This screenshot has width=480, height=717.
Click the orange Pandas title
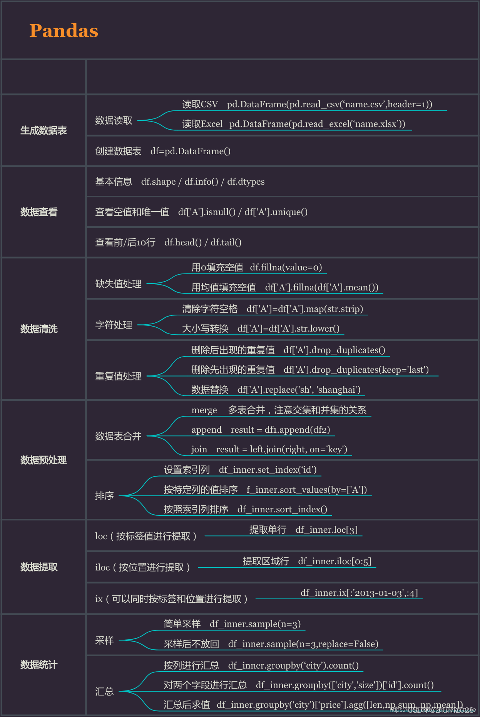point(64,31)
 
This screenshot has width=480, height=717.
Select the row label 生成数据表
point(43,130)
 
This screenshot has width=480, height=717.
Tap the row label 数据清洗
point(39,329)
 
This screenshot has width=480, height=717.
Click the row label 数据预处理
point(43,460)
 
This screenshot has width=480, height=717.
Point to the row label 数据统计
point(39,665)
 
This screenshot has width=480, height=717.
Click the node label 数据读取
point(114,120)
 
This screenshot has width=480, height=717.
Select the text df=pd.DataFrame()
point(191,151)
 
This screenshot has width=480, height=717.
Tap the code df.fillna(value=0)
point(286,267)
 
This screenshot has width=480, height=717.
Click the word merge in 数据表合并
point(204,410)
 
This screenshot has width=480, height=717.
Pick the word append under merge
point(206,430)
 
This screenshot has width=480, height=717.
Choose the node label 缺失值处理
point(118,284)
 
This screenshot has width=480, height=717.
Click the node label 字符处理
point(114,325)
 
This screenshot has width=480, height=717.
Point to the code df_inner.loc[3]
point(326,530)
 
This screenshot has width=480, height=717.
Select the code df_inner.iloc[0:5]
point(334,561)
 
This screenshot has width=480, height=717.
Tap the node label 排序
point(104,496)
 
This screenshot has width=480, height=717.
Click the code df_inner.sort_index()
point(282,509)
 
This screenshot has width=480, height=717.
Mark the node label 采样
point(104,640)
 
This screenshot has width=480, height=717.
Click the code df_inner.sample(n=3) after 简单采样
point(255,624)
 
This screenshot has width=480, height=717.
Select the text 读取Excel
point(202,124)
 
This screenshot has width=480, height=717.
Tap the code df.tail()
point(226,242)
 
